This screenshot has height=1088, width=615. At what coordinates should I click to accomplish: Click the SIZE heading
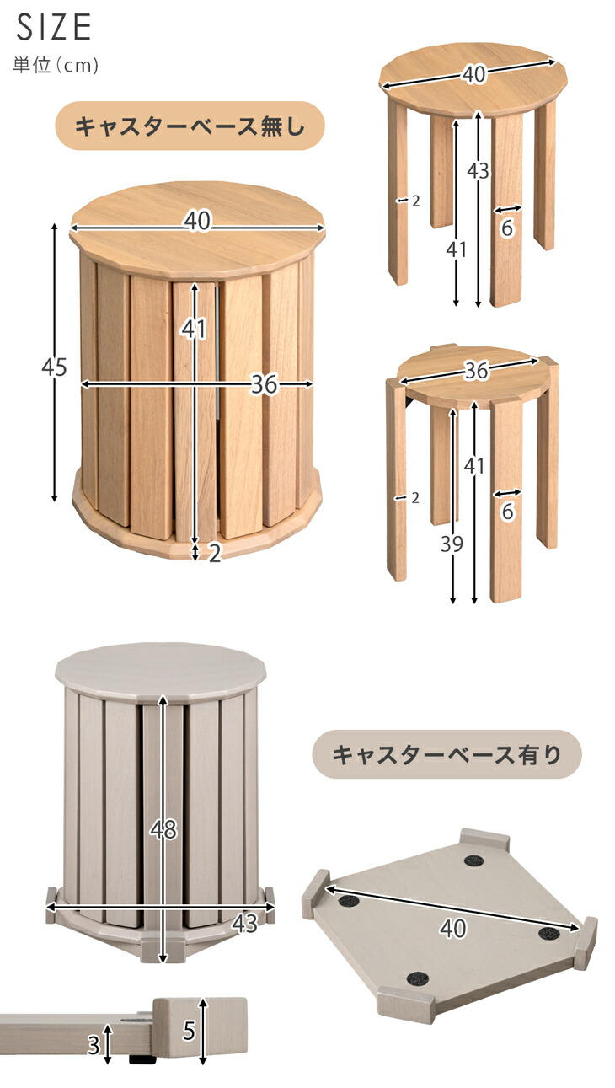(x=53, y=27)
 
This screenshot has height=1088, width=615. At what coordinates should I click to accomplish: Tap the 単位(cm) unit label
(x=56, y=65)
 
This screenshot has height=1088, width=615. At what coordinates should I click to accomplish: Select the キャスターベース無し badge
(x=190, y=126)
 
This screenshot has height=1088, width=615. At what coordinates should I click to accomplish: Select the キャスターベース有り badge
(x=446, y=754)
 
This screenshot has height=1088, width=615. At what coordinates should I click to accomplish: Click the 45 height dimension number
(x=54, y=367)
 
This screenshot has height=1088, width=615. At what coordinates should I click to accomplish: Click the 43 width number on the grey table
(x=244, y=923)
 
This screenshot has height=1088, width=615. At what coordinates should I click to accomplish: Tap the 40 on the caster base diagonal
(x=453, y=928)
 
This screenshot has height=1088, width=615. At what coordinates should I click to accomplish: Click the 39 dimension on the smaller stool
(x=452, y=544)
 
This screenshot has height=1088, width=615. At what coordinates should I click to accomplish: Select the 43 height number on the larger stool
(x=479, y=170)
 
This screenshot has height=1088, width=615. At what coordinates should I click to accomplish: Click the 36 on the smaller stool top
(x=476, y=371)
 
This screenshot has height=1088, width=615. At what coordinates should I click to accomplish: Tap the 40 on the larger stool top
(x=473, y=74)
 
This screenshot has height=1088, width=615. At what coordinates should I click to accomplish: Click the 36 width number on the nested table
(x=265, y=384)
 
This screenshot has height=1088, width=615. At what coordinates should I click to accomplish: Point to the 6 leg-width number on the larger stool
(x=507, y=228)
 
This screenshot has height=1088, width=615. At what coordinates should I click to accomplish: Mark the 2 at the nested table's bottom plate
(x=215, y=553)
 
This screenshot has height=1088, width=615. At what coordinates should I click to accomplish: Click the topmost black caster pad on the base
(x=473, y=860)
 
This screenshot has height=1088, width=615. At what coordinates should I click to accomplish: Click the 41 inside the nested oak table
(x=194, y=329)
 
